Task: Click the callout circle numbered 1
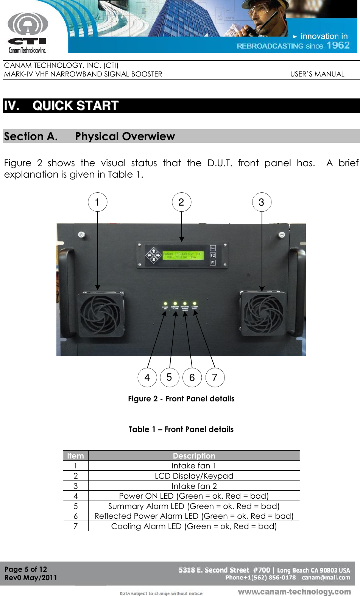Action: (x=98, y=202)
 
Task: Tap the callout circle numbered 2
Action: (x=181, y=202)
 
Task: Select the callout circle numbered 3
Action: (x=262, y=202)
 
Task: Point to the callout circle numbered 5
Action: (x=169, y=377)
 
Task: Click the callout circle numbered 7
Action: (x=215, y=378)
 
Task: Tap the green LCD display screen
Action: (x=183, y=255)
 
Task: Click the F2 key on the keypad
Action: (x=213, y=256)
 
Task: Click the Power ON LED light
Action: (x=165, y=304)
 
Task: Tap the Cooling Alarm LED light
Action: (x=194, y=303)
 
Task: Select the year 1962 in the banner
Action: (x=338, y=45)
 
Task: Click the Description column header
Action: (x=194, y=456)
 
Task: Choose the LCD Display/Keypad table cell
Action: (x=194, y=476)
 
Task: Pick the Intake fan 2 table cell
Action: (x=194, y=486)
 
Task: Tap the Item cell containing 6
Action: (x=76, y=516)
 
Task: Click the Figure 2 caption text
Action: (x=181, y=399)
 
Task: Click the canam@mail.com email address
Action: (x=326, y=578)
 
